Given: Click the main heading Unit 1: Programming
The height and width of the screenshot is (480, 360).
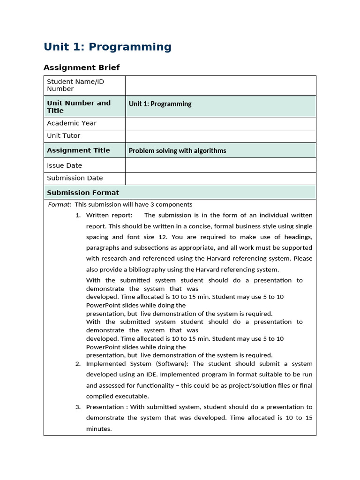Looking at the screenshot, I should [107, 47].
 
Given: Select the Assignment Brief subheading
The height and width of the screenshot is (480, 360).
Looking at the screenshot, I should [82, 67].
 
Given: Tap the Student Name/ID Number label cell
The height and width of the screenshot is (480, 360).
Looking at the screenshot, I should [75, 85].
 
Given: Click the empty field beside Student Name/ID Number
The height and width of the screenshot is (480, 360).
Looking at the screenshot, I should [220, 85].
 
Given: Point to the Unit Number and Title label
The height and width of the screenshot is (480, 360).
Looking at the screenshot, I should [79, 106].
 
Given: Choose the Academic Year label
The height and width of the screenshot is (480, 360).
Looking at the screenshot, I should [72, 123].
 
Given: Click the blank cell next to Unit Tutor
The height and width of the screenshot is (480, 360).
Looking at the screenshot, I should [220, 136].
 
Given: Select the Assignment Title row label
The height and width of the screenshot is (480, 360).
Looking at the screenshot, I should [78, 150].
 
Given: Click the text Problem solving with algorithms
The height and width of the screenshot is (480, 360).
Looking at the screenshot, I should [177, 150].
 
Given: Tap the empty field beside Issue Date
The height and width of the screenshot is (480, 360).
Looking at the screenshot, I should [220, 165].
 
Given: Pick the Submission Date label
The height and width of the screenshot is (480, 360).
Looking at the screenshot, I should [75, 178].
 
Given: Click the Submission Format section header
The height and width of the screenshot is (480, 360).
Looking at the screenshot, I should [83, 193].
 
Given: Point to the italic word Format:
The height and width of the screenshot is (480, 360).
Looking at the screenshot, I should [60, 204].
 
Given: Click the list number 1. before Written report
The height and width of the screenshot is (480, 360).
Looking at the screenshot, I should [78, 215].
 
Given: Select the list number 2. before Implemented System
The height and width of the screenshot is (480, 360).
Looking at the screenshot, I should [78, 364].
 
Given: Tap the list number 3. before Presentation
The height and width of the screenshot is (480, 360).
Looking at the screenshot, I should [78, 407].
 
